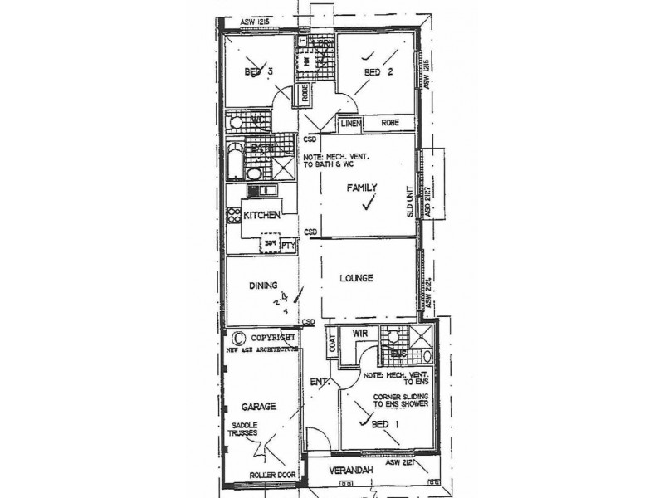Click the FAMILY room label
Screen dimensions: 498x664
tap(363, 189)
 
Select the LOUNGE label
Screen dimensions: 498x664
tap(355, 277)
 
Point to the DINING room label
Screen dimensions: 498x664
tap(261, 286)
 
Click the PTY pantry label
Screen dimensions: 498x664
tap(288, 246)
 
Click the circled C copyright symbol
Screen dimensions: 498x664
tap(237, 338)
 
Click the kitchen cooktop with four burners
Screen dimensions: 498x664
tap(234, 217)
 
